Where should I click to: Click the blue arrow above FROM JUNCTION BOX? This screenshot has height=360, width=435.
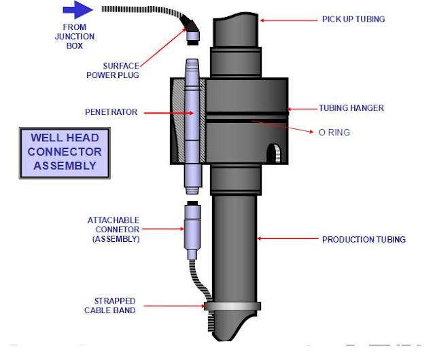coord(76,10)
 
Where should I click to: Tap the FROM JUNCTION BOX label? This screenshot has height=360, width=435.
coord(75,35)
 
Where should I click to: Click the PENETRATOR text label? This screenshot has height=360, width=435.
coord(112,112)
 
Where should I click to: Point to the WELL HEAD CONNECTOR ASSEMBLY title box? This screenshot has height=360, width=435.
coord(65,151)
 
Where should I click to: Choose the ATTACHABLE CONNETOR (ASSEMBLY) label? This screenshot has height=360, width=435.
coord(113,230)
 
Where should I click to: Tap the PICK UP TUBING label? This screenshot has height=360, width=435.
coord(353,19)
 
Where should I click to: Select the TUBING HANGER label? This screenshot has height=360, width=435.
coord(351,108)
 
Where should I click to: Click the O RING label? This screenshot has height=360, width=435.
coord(334,132)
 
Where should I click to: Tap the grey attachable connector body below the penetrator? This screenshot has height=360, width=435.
coord(192,228)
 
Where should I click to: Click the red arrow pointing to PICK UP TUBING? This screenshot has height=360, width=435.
coord(289,20)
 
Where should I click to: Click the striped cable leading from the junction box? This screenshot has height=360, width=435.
coord(143,12)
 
